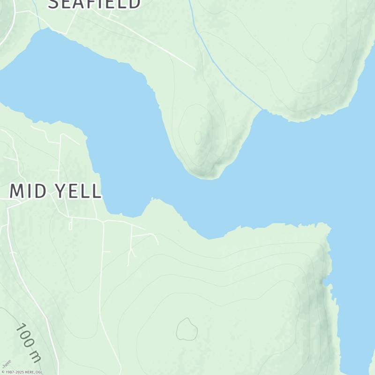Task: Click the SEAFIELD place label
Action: click(x=94, y=4)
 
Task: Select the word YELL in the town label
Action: click(x=78, y=191)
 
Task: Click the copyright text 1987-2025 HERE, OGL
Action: click(x=22, y=372)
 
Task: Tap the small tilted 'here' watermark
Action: click(x=6, y=364)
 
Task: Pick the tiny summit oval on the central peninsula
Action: click(x=198, y=137)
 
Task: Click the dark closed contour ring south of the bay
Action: click(x=187, y=329)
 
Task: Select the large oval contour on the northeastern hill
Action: click(x=317, y=43)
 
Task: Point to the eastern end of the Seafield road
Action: click(x=195, y=70)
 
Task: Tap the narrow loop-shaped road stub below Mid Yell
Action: click(x=70, y=225)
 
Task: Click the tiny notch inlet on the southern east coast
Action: click(x=324, y=282)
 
